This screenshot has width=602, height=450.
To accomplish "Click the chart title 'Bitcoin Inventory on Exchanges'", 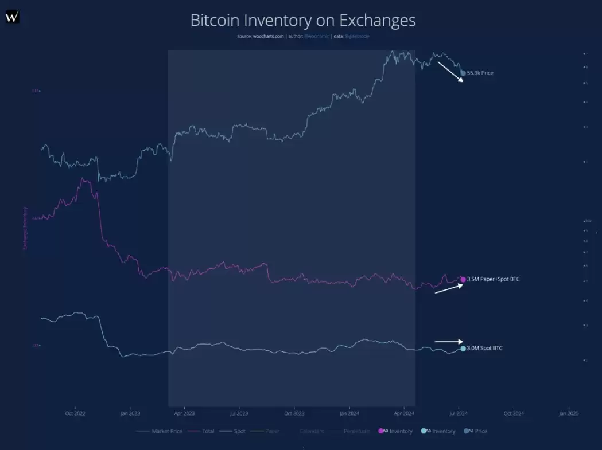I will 302,21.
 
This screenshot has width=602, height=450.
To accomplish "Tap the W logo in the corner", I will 12,17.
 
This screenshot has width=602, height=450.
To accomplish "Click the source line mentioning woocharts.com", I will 302,36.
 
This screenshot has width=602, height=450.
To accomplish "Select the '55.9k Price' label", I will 480,73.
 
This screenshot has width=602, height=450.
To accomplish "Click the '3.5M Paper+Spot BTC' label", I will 493,279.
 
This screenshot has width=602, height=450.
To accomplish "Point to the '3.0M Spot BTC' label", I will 484,348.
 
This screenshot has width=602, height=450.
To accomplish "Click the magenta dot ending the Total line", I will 463,279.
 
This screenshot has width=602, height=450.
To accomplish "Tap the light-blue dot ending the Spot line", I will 463,349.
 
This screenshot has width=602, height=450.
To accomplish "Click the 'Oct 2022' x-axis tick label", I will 75,413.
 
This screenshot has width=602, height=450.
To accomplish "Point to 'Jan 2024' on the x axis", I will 349,413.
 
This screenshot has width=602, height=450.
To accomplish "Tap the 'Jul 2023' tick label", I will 239,413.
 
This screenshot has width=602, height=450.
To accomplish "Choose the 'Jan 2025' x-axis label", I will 568,413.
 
